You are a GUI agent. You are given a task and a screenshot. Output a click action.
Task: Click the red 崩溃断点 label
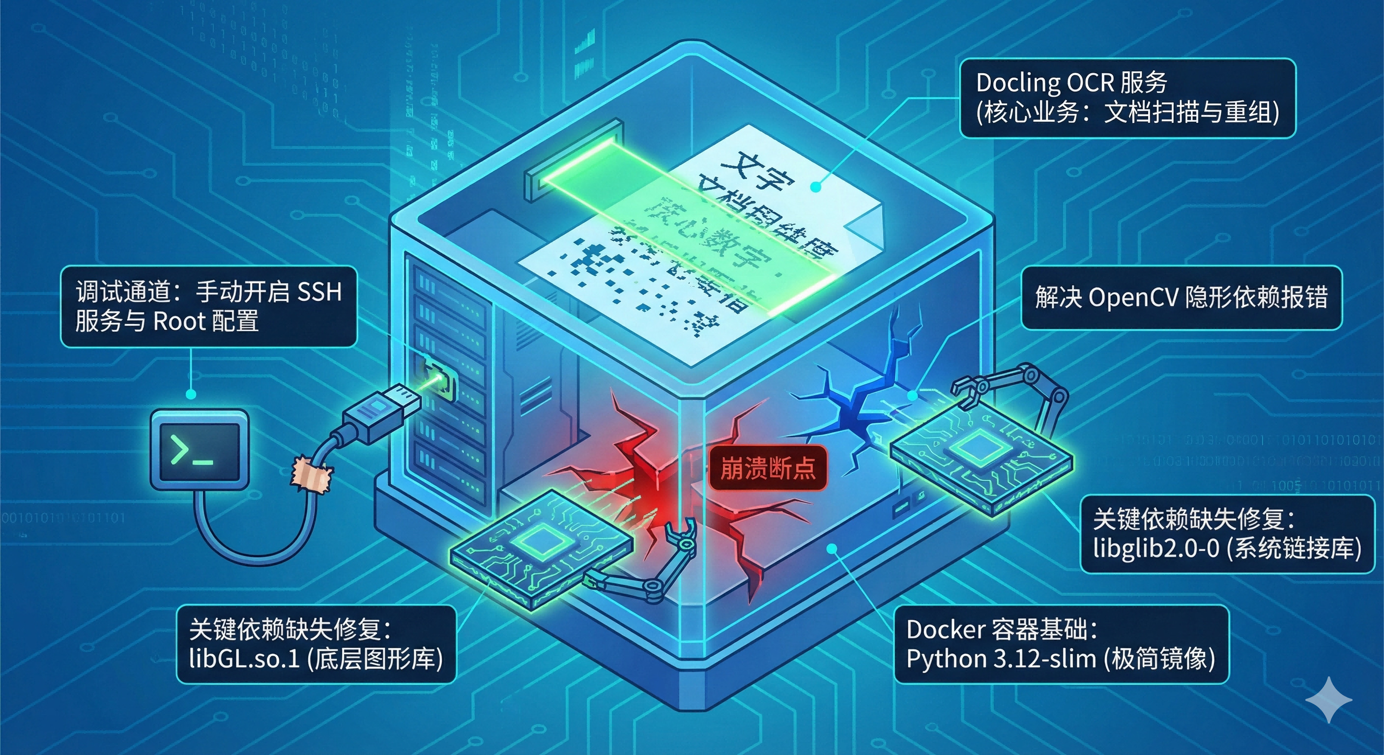(767, 468)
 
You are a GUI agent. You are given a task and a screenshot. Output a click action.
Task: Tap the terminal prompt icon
(199, 450)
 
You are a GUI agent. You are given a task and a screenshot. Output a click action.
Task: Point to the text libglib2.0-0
(1155, 549)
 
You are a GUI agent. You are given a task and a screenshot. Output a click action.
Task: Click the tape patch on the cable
(311, 474)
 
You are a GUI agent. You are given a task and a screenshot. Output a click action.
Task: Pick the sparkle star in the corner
(1328, 699)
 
